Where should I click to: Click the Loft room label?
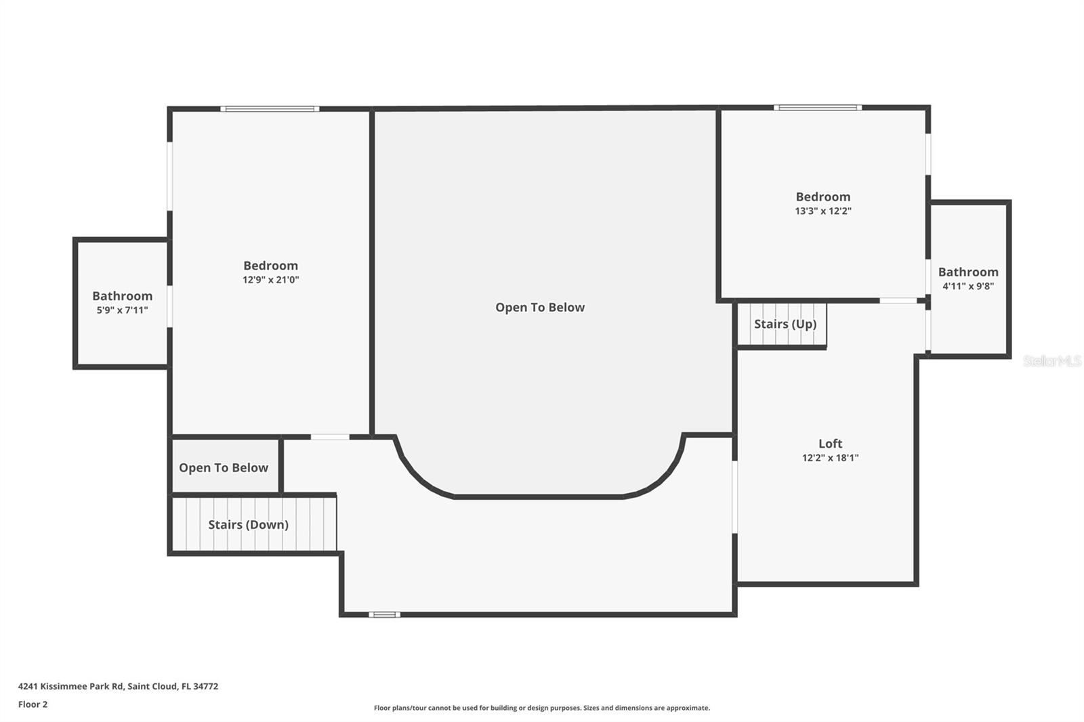tap(830, 443)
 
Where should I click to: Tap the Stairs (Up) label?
tap(785, 324)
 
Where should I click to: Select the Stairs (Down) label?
tap(248, 524)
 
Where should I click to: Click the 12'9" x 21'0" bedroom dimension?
tap(270, 280)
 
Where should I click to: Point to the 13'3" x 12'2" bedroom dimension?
tap(822, 211)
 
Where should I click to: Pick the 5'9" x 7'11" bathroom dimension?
tap(122, 310)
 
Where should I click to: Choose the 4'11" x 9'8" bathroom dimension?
tap(968, 286)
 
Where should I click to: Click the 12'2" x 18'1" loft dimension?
tap(830, 458)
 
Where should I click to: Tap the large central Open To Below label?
tap(539, 307)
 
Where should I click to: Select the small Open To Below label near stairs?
tap(223, 467)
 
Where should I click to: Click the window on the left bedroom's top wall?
tap(270, 109)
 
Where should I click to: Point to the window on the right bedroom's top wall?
tap(817, 108)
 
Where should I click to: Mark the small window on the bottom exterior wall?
tap(384, 614)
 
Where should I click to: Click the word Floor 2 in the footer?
tap(33, 704)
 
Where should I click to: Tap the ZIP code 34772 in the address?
tap(206, 686)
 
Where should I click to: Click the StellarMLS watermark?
tap(1052, 360)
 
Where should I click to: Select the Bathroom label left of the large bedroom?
tap(122, 296)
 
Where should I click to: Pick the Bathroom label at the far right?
tap(968, 272)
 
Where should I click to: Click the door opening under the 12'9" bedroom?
tap(329, 437)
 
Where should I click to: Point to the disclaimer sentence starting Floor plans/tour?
tap(542, 708)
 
